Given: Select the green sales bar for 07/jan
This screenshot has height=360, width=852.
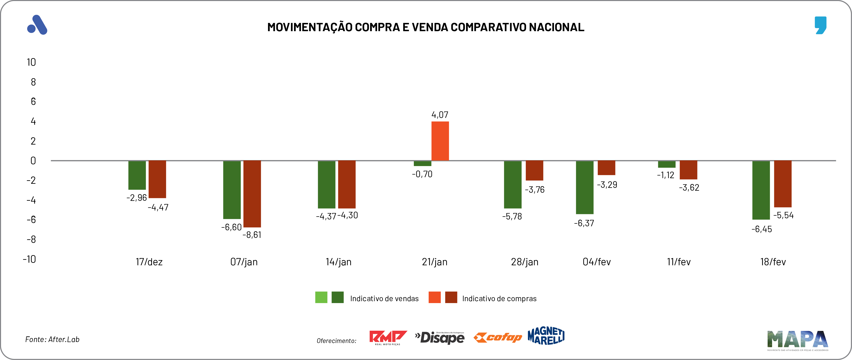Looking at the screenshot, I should (232, 190).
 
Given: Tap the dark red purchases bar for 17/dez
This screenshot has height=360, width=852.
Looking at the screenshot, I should (157, 179).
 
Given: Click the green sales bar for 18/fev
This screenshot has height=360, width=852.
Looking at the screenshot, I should (761, 190).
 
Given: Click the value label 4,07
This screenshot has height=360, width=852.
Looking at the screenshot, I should (440, 115).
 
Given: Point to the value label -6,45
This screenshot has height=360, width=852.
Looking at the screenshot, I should (761, 229).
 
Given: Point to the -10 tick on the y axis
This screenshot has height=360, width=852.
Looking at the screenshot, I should (30, 259).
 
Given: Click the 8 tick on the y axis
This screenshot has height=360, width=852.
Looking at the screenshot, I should (33, 82).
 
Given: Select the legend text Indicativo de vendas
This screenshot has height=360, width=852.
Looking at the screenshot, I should (384, 299).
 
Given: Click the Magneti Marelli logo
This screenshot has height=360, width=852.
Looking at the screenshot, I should (546, 336).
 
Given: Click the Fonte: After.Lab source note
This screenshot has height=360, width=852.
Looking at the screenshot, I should (52, 339).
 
